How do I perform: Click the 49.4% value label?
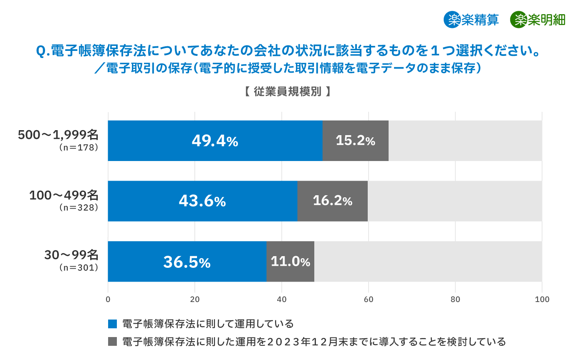pos(215,141)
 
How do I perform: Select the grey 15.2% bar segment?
pos(355,141)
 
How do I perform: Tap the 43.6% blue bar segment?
pos(202,201)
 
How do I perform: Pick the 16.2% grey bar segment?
pos(332,201)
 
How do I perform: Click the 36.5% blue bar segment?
pos(187,262)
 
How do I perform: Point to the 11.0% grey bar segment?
pos(290,262)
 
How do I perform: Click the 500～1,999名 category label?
pos(58,135)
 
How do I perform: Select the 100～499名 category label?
pos(63,195)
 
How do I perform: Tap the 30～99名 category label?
pos(71,255)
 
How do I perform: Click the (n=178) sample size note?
pos(78,147)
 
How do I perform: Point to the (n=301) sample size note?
pos(78,267)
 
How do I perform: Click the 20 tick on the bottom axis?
pos(195,299)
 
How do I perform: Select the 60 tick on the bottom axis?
pos(369,299)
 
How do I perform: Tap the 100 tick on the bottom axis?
pos(542,299)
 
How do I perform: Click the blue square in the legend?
pos(112,324)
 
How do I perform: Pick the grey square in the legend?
pos(112,342)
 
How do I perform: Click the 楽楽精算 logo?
pos(471,20)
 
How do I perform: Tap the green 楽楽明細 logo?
pos(538,20)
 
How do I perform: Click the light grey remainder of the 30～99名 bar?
pos(428,262)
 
